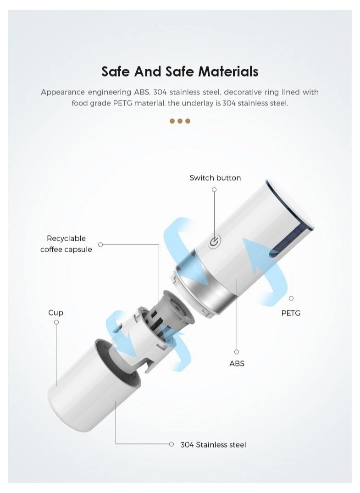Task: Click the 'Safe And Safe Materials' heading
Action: pyautogui.click(x=180, y=72)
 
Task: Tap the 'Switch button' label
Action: pyautogui.click(x=215, y=178)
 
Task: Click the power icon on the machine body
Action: pyautogui.click(x=215, y=243)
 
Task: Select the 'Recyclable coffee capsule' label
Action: pyautogui.click(x=66, y=244)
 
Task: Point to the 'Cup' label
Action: pyautogui.click(x=55, y=312)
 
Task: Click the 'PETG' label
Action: pyautogui.click(x=291, y=313)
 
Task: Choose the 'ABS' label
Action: pyautogui.click(x=237, y=364)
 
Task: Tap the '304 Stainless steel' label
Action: pyautogui.click(x=213, y=444)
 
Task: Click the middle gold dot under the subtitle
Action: pyautogui.click(x=180, y=121)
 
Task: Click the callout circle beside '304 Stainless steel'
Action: pyautogui.click(x=172, y=444)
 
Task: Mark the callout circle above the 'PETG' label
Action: pyautogui.click(x=291, y=298)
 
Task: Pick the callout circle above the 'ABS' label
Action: pyautogui.click(x=237, y=352)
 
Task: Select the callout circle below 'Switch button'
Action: pyautogui.click(x=214, y=189)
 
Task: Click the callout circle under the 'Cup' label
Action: pyautogui.click(x=56, y=322)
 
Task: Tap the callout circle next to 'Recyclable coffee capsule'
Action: pyautogui.click(x=100, y=244)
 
